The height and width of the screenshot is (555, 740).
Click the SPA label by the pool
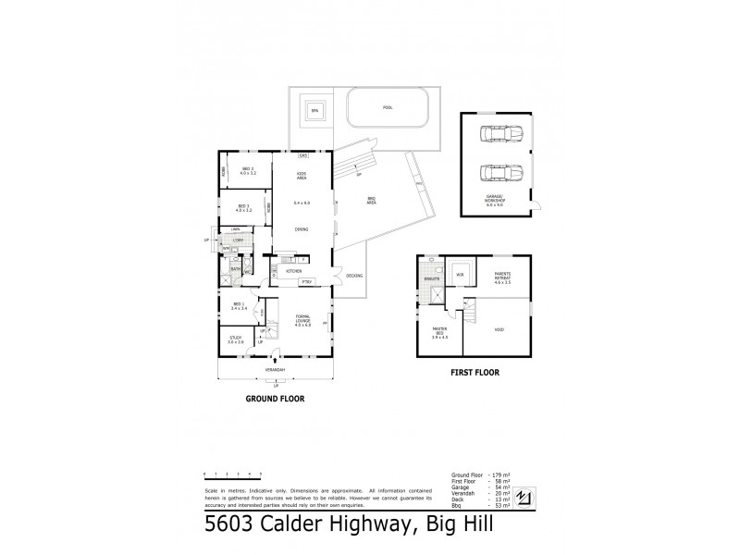(314, 111)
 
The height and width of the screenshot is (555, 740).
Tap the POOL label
(387, 108)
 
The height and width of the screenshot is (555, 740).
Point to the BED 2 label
(246, 171)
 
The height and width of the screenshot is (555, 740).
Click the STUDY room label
(236, 339)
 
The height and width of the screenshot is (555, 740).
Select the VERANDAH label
(275, 370)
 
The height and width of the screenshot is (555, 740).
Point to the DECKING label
(354, 276)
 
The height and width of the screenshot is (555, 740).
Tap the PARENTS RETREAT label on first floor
(502, 278)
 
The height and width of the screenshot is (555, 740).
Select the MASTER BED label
(440, 334)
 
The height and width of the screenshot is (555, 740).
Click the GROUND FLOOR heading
(275, 399)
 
